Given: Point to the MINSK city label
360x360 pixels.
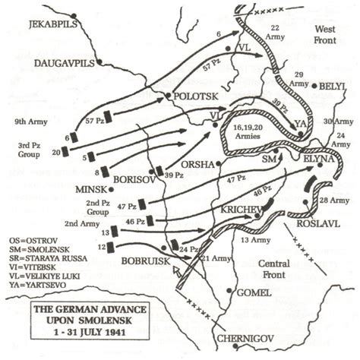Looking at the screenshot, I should pyautogui.click(x=95, y=189).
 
